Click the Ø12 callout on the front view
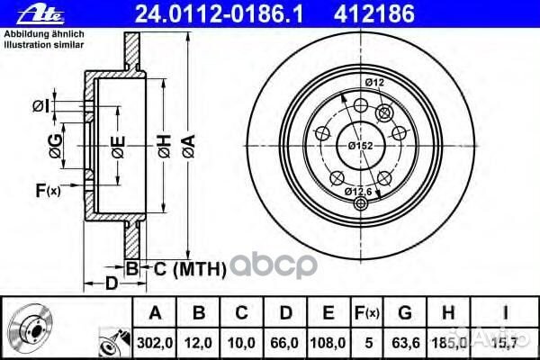(x=375, y=84)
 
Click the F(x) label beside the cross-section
(x=47, y=190)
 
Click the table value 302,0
(x=154, y=343)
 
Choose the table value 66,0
(x=284, y=343)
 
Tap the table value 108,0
(x=328, y=343)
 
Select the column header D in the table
(x=284, y=313)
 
